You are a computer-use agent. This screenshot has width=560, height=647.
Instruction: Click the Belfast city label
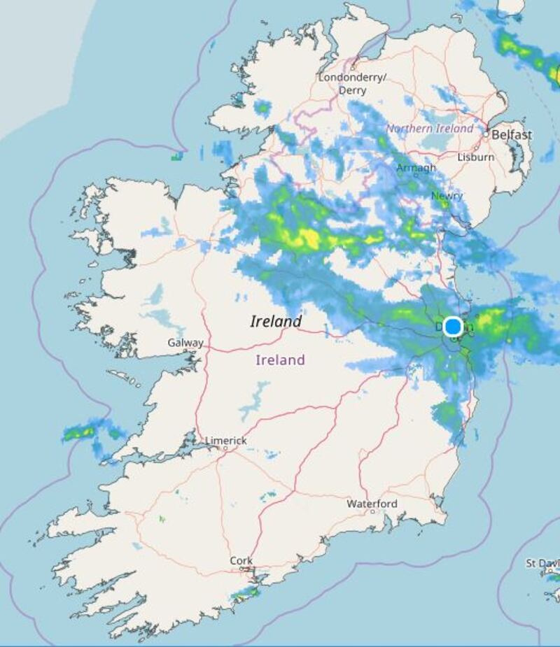512,134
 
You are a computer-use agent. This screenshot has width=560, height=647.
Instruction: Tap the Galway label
185,343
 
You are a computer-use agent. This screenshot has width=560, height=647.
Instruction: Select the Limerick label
225,441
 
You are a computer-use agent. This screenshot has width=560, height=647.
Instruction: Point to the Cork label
241,561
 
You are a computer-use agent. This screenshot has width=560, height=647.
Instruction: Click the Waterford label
372,504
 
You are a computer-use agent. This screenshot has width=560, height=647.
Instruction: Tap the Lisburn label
476,157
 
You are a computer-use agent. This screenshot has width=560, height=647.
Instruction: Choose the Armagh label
416,169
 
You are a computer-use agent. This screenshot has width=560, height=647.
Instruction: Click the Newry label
446,196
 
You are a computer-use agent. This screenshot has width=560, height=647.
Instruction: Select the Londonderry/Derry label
352,84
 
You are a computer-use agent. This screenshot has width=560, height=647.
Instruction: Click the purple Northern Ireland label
429,129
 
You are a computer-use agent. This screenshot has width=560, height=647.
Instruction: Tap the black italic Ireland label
276,322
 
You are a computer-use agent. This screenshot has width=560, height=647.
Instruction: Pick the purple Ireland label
280,360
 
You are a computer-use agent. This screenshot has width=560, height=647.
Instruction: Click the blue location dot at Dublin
453,327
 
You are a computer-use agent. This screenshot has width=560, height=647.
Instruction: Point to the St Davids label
543,563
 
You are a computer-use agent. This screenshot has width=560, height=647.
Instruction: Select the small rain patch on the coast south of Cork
246,593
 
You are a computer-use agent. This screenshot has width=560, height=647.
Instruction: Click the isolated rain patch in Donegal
262,108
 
